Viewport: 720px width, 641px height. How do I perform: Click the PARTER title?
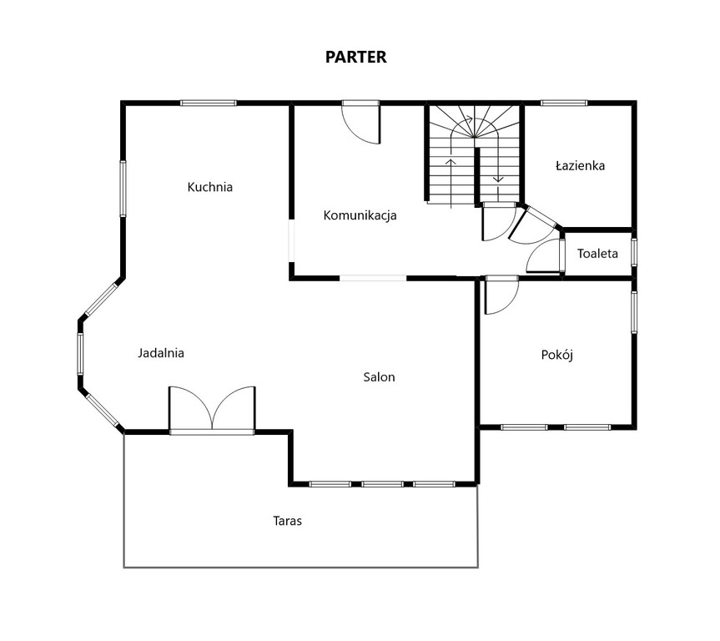[356, 57]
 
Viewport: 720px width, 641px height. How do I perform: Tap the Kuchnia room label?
[210, 187]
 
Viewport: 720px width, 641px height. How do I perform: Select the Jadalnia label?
[161, 353]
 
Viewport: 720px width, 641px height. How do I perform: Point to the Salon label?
[379, 377]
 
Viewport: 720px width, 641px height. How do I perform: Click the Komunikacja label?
[360, 215]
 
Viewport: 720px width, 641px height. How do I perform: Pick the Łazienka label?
[580, 165]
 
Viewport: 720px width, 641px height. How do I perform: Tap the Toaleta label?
[597, 254]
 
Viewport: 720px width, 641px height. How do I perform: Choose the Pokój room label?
[557, 355]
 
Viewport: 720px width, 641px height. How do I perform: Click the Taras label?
[288, 521]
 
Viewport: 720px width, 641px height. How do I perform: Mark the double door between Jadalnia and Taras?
[212, 410]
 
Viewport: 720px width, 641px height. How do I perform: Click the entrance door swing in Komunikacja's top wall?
[361, 123]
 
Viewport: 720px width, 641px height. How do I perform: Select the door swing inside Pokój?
[501, 295]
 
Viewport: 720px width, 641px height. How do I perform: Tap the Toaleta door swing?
[545, 256]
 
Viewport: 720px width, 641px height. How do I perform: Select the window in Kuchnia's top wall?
[208, 103]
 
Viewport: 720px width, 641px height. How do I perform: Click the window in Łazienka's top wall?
[564, 103]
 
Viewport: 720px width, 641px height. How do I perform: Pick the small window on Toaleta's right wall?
[634, 252]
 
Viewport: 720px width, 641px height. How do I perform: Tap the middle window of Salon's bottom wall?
[382, 484]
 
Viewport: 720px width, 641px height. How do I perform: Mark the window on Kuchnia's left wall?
[123, 189]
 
